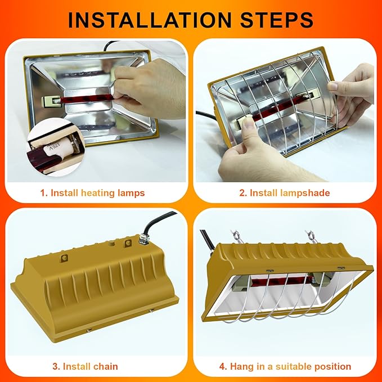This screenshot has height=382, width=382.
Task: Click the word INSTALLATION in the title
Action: (x=150, y=20)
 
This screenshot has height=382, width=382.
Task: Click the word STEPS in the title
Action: (x=277, y=20)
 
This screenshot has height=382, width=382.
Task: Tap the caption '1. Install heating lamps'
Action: (x=93, y=193)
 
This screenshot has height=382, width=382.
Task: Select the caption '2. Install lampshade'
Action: (x=285, y=193)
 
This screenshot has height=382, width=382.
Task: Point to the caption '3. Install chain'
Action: (x=86, y=366)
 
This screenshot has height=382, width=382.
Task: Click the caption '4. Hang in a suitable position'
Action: (x=285, y=366)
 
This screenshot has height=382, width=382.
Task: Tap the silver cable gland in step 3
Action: (x=143, y=239)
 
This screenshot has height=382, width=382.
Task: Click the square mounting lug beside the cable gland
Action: (x=128, y=243)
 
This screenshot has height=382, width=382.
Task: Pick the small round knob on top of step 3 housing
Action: (x=112, y=244)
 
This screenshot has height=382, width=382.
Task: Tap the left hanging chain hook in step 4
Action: (x=237, y=237)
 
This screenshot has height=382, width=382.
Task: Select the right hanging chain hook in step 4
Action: (x=312, y=237)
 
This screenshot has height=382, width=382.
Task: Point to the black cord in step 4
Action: (x=207, y=241)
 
